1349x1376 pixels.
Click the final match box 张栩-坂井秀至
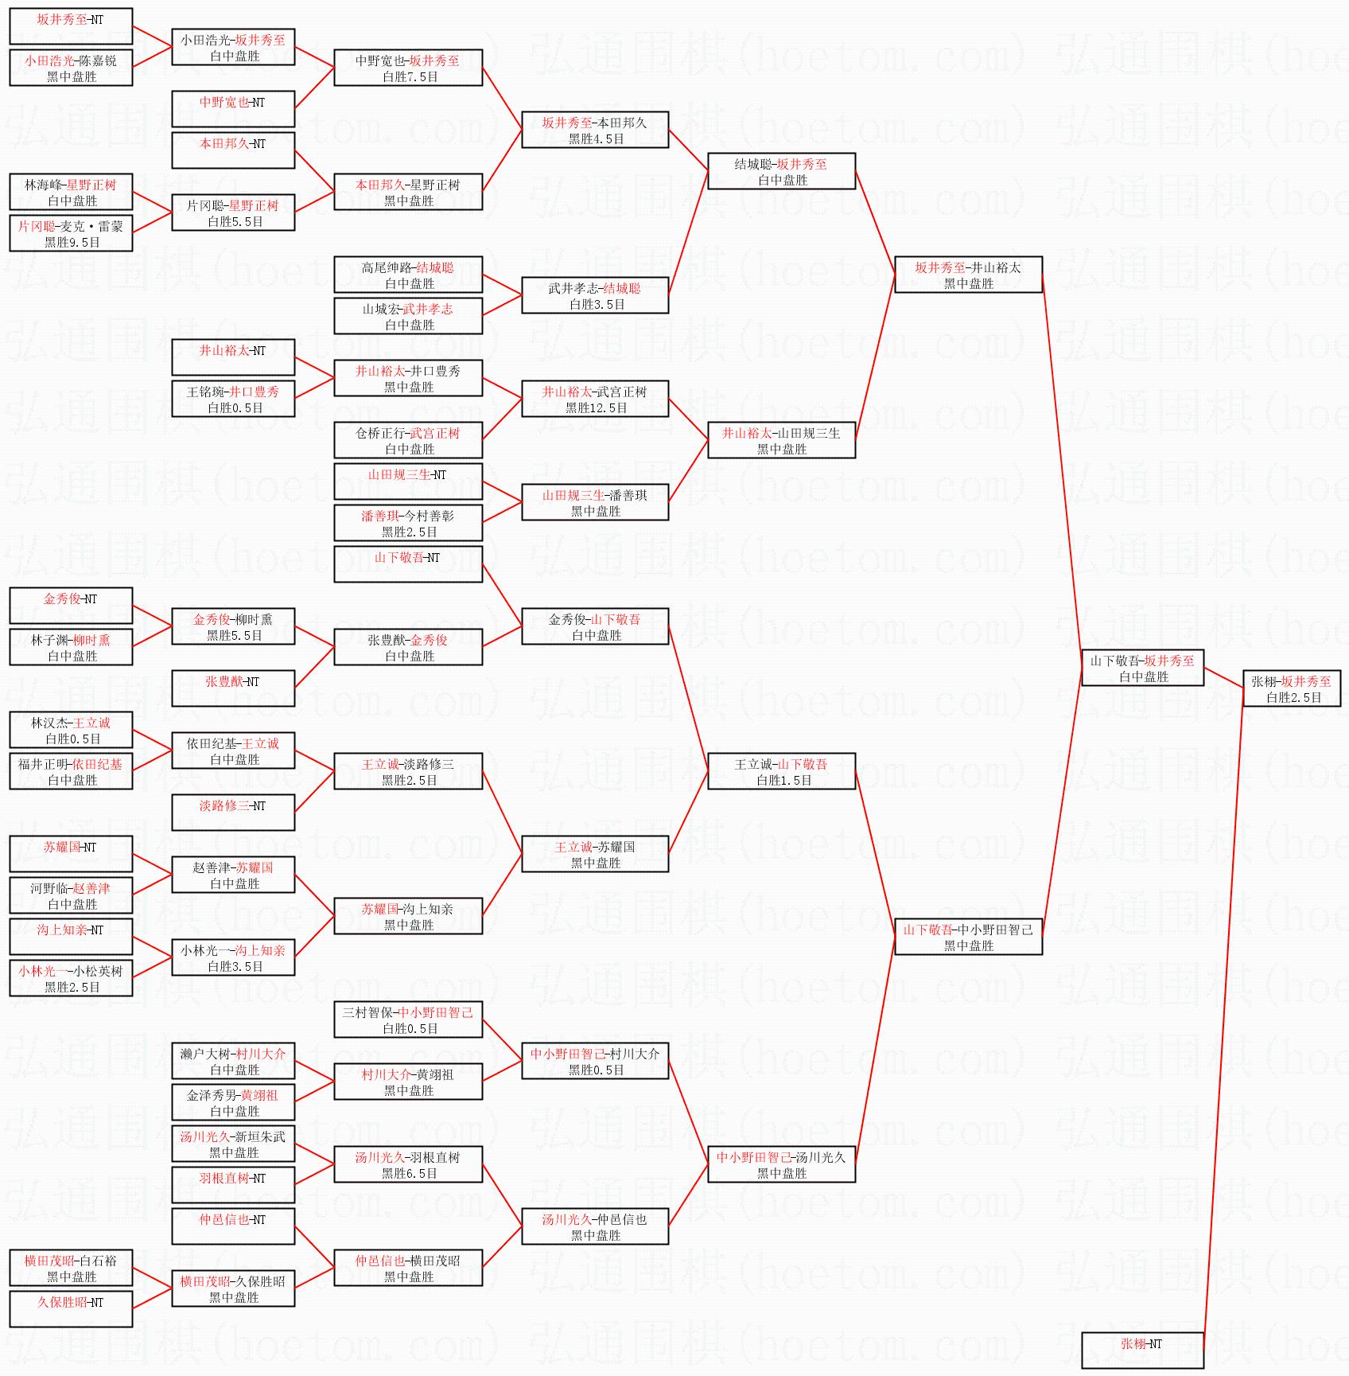(x=1291, y=688)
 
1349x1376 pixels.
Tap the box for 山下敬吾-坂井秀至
(x=1142, y=668)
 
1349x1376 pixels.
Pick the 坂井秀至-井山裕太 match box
(x=968, y=275)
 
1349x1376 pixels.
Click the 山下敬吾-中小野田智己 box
(x=968, y=937)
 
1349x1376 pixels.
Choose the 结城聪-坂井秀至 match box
(x=781, y=171)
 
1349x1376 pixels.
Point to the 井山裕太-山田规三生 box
(x=781, y=440)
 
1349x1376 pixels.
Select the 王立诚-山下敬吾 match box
(x=781, y=771)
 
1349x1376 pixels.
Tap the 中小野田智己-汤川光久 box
(x=781, y=1164)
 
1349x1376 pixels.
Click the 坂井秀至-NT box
(x=71, y=26)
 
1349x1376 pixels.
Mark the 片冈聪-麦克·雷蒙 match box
(x=71, y=233)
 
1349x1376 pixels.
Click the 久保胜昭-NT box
(x=71, y=1309)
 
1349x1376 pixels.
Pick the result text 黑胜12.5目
(x=596, y=408)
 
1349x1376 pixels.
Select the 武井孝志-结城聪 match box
(x=595, y=295)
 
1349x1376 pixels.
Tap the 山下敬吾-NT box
(x=408, y=564)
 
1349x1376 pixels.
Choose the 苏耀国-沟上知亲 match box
(x=408, y=916)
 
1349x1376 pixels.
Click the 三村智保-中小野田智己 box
(x=408, y=1019)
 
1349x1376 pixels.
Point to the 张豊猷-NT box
(x=233, y=688)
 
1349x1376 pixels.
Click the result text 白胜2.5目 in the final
(x=1293, y=698)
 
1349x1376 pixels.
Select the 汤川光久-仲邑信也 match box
(x=595, y=1226)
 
